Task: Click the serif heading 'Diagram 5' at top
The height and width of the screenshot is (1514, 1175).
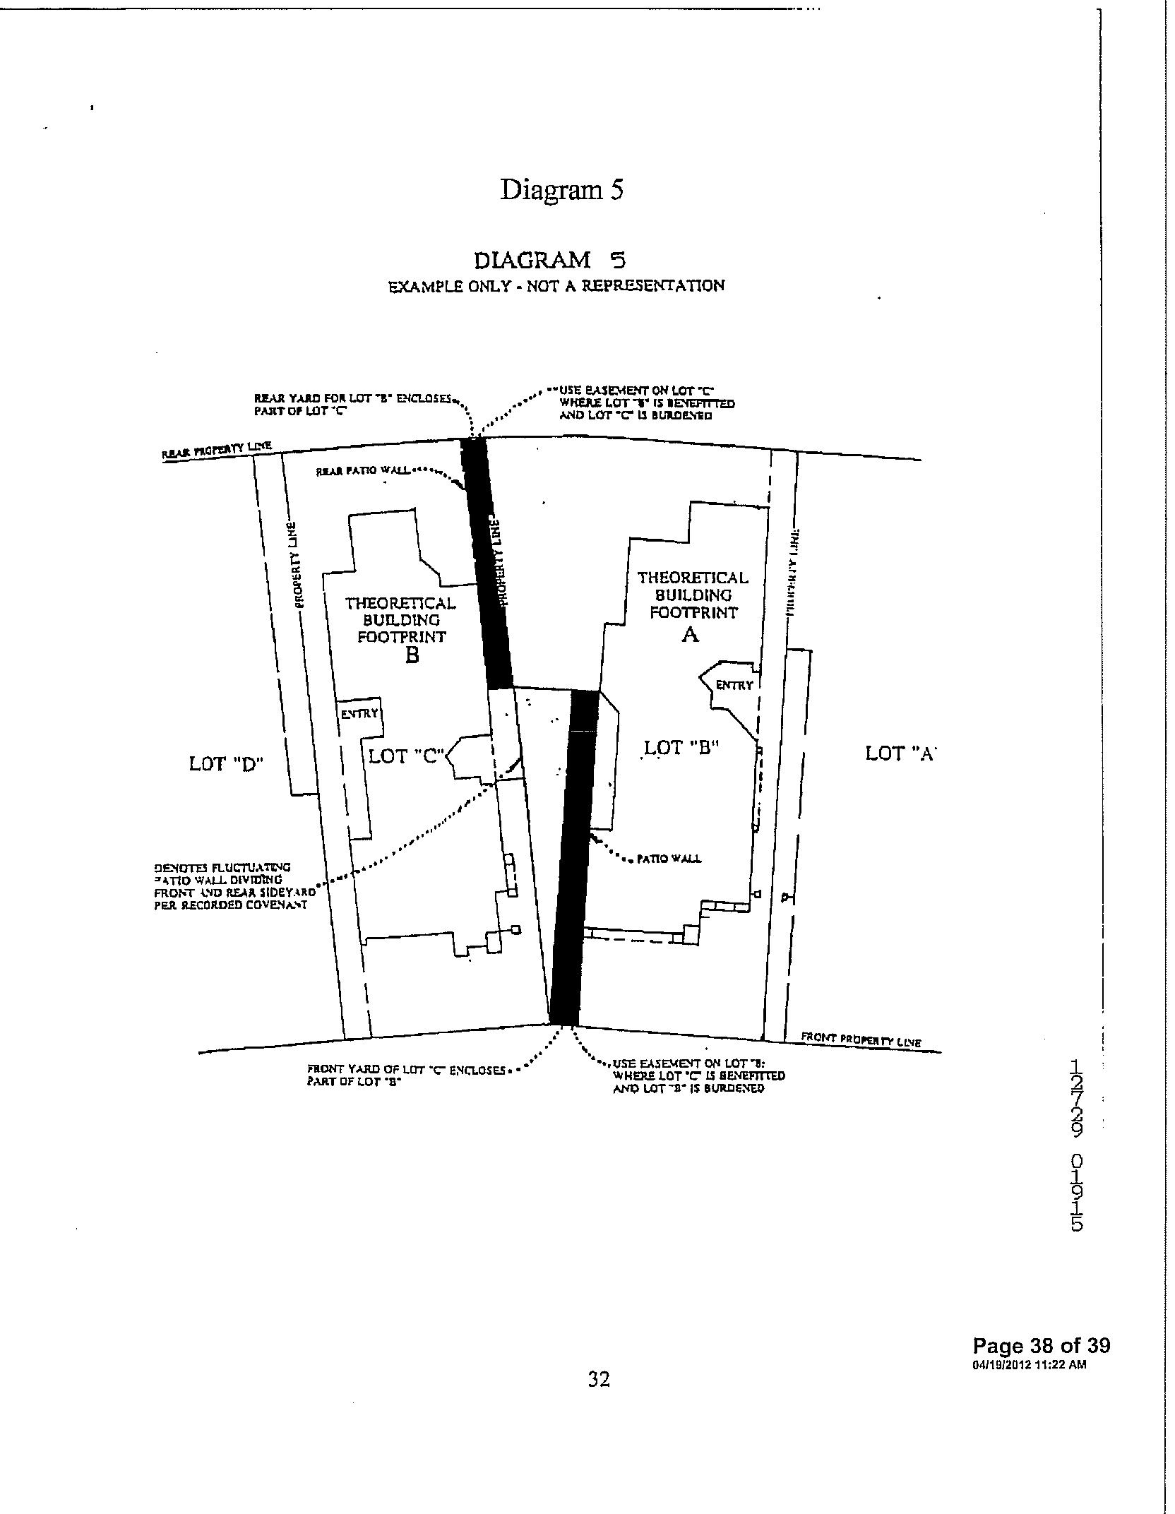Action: point(561,190)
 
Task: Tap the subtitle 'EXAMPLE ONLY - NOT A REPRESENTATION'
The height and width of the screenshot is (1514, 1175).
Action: point(556,287)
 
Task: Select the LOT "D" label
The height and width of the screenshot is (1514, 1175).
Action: point(226,763)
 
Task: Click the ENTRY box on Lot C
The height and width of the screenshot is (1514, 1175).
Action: point(360,714)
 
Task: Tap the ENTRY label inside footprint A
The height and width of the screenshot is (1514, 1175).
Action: point(734,685)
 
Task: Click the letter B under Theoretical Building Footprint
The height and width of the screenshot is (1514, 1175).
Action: point(412,656)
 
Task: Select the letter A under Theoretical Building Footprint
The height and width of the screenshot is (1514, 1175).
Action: point(690,635)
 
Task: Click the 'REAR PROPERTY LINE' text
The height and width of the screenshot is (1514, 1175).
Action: point(217,450)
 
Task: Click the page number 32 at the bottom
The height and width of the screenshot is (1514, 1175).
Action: point(599,1378)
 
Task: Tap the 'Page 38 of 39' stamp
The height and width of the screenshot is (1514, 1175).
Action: point(1040,1345)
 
